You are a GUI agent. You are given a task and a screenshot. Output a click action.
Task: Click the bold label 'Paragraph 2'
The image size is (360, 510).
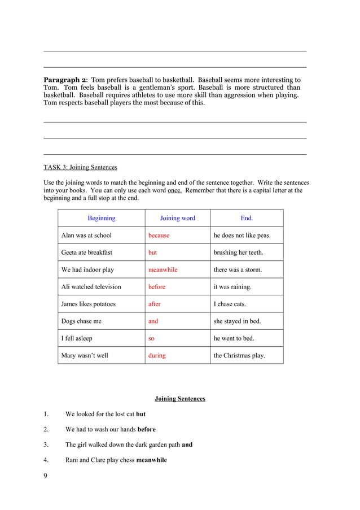[65, 80]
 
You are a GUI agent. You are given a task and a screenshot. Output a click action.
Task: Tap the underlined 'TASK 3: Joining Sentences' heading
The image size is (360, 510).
[80, 167]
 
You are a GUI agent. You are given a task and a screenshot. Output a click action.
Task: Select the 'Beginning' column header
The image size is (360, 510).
[102, 218]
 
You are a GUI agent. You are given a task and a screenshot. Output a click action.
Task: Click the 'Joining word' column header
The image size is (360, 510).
[177, 218]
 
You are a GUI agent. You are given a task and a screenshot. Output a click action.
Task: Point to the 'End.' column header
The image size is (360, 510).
[247, 218]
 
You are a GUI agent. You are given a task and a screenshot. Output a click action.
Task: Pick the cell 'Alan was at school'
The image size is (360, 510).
[86, 235]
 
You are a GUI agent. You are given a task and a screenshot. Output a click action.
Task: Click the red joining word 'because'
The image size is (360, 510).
[159, 235]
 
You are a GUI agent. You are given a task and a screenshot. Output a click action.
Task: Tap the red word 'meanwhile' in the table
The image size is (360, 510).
[163, 269]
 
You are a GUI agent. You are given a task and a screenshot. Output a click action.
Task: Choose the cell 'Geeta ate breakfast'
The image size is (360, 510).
[87, 252]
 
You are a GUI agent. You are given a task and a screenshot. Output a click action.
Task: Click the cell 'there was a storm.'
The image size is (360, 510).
[238, 269]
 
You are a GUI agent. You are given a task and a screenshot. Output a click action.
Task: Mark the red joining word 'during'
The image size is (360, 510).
[157, 355]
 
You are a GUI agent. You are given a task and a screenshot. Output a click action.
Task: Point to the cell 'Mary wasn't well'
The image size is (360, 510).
[85, 355]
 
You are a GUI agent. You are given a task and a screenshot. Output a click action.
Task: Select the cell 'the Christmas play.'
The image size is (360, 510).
[239, 355]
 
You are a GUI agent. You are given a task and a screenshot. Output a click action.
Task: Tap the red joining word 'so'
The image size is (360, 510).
[152, 338]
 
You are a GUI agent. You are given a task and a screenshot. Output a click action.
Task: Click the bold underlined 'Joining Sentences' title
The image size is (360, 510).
[180, 399]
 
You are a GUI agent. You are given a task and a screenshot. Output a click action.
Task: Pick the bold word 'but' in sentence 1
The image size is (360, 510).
[141, 414]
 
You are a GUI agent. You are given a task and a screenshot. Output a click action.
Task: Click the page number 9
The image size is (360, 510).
[46, 476]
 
